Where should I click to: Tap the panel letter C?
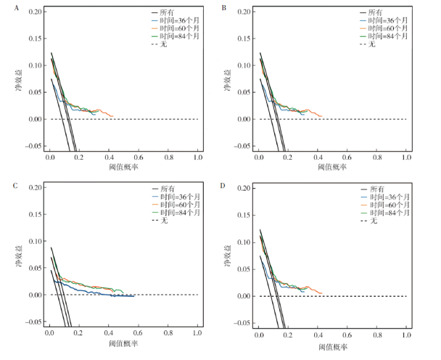15,186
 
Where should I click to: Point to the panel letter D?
223,186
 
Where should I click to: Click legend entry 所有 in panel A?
176,12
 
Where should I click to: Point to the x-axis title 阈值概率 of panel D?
333,346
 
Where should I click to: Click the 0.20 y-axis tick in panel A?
33,12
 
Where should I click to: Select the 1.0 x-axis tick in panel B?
406,157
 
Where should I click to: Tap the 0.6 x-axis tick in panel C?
139,335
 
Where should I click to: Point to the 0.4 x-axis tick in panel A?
109,157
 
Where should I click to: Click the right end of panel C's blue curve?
134,296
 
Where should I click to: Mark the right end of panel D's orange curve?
321,293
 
